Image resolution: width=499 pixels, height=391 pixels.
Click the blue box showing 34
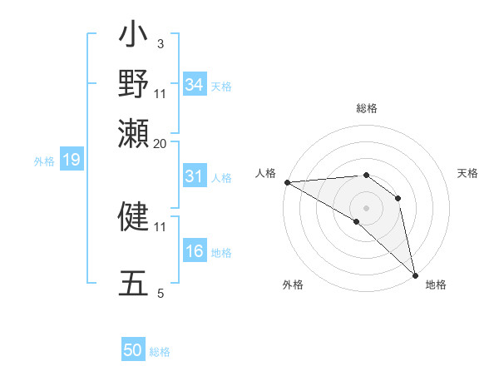tap(194, 85)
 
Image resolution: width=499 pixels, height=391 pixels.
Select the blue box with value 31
tap(194, 176)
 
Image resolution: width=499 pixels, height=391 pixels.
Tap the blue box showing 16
tap(194, 252)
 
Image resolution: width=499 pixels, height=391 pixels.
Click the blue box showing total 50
tap(133, 350)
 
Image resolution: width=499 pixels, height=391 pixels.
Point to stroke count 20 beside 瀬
tap(161, 143)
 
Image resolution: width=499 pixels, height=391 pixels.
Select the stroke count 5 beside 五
tap(161, 293)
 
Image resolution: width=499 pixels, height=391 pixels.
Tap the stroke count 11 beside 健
tap(161, 225)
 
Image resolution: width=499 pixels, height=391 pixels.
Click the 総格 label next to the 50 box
tap(161, 352)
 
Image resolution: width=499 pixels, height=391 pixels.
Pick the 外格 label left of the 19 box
tap(43, 161)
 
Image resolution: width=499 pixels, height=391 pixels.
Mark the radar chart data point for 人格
tap(286, 182)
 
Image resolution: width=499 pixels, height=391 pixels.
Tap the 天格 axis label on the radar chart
tap(467, 173)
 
